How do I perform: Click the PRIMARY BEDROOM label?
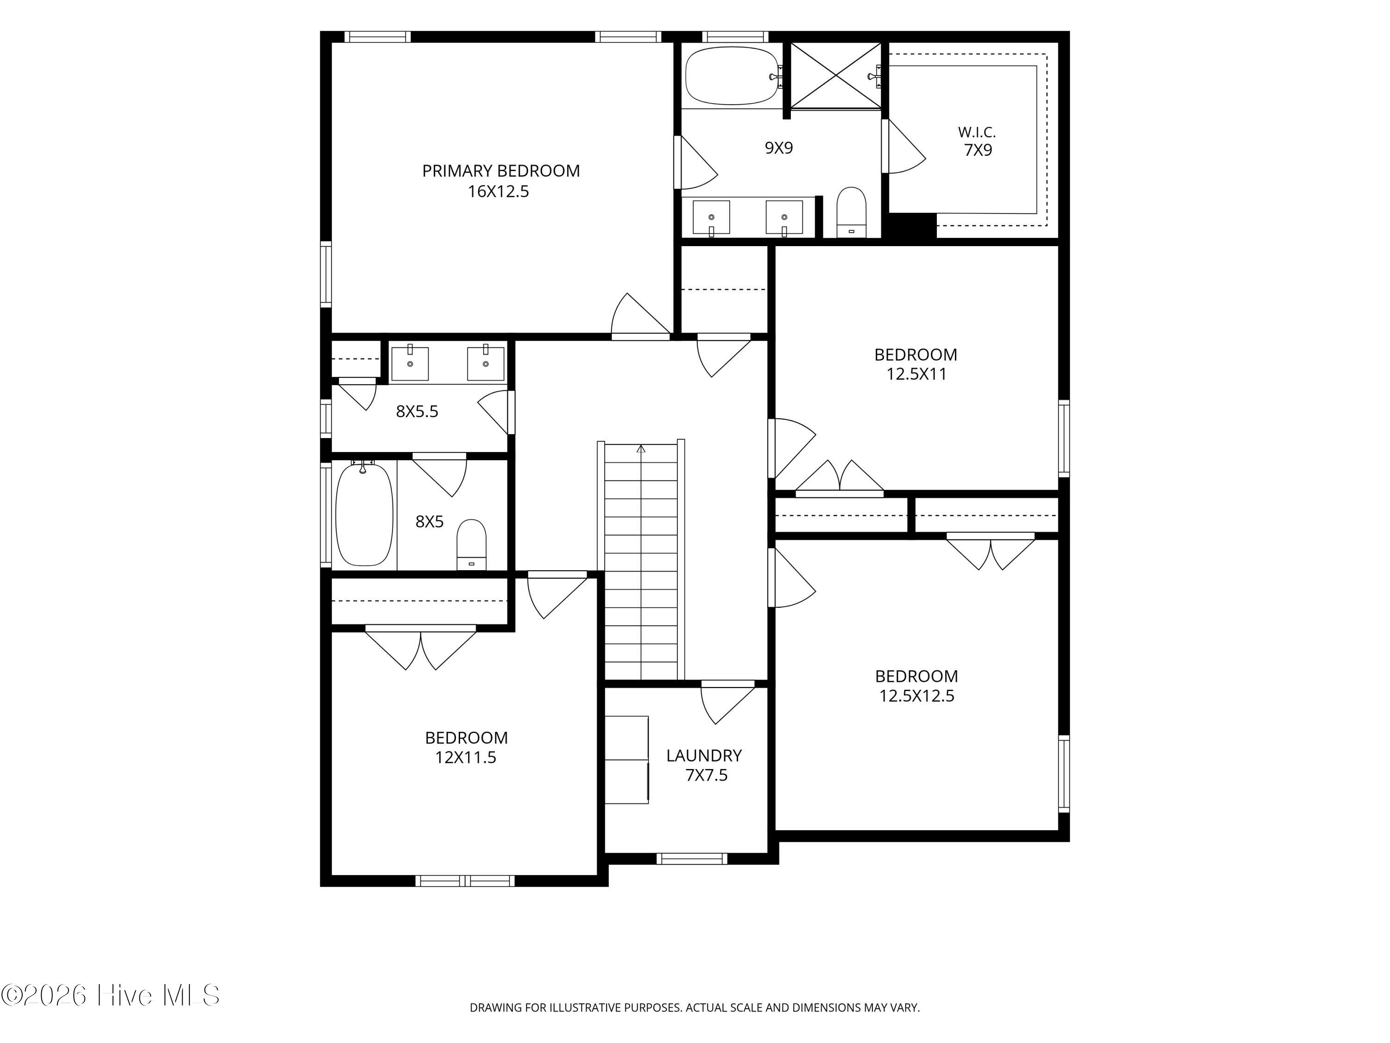tap(501, 171)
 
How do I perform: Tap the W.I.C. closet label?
tap(977, 132)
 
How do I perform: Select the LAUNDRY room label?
tap(704, 755)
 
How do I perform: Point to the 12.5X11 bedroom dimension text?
tap(916, 374)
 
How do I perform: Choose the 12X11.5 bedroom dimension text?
tap(466, 757)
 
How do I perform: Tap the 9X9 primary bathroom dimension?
tap(778, 148)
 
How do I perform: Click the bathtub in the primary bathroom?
tap(733, 76)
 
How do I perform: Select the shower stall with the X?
tap(836, 76)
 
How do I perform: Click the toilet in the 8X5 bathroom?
tap(471, 545)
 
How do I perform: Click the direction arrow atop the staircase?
tap(641, 449)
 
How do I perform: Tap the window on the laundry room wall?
tap(692, 859)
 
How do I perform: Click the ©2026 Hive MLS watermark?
tap(111, 995)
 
